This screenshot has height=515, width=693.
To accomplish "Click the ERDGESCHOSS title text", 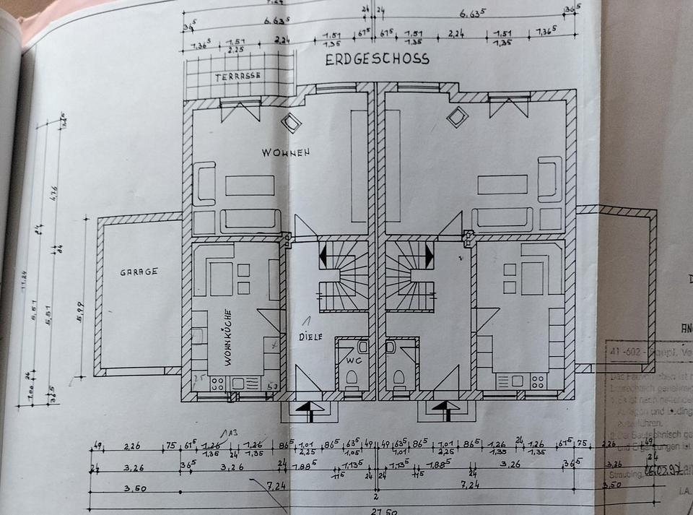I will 377,59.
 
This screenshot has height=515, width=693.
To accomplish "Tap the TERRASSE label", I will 237,75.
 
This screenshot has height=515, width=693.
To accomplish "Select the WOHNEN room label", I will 286,152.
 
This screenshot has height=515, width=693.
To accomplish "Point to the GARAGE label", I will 139,272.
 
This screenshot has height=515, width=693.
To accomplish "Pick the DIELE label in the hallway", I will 312,337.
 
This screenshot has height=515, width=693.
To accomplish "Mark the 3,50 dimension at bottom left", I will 115,489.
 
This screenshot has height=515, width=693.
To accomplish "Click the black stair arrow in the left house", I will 323,254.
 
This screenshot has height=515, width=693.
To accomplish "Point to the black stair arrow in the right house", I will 430,254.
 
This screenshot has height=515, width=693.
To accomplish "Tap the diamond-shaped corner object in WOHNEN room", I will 290,123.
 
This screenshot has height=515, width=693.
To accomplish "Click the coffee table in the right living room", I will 502,184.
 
